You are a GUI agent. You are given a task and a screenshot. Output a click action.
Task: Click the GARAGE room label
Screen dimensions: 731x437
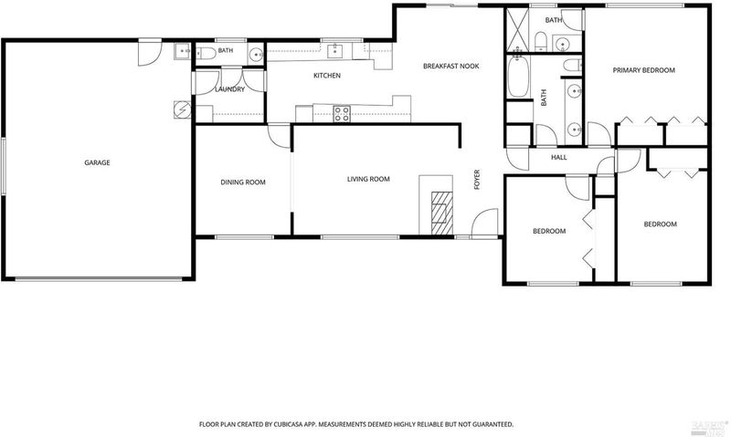click(97, 162)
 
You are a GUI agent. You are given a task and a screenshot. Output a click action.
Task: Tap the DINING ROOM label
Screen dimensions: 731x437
click(243, 182)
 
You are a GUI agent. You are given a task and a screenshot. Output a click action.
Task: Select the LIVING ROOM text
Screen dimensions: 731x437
click(368, 179)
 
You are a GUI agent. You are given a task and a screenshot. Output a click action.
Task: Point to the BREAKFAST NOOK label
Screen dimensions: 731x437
click(450, 66)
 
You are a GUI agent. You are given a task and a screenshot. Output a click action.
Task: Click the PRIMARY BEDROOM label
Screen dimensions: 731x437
click(644, 70)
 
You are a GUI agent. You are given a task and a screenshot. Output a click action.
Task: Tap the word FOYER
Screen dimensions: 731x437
click(477, 180)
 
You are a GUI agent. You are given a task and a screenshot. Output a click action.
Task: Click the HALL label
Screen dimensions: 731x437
click(559, 157)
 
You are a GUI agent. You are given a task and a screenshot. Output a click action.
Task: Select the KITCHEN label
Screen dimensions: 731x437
click(327, 76)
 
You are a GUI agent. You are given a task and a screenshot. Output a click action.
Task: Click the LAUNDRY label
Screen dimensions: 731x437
click(230, 88)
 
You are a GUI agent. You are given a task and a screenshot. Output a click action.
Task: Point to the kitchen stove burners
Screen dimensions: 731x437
click(342, 114)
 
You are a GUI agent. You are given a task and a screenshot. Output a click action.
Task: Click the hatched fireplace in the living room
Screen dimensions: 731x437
click(442, 213)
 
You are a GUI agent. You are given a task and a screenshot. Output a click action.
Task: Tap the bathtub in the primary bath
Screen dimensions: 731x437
click(518, 77)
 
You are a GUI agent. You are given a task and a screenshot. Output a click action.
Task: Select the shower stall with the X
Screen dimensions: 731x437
click(517, 29)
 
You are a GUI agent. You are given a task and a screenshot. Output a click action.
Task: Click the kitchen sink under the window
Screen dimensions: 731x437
click(335, 51)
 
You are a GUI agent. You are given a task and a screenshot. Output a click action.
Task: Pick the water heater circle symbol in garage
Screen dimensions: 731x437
click(182, 109)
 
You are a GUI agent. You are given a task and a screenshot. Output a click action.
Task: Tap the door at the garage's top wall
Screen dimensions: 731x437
click(150, 53)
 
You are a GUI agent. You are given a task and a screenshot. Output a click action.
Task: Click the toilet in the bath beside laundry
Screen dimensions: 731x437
click(206, 54)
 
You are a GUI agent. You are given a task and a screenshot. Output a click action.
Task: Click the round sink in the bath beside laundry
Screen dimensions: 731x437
click(256, 55)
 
